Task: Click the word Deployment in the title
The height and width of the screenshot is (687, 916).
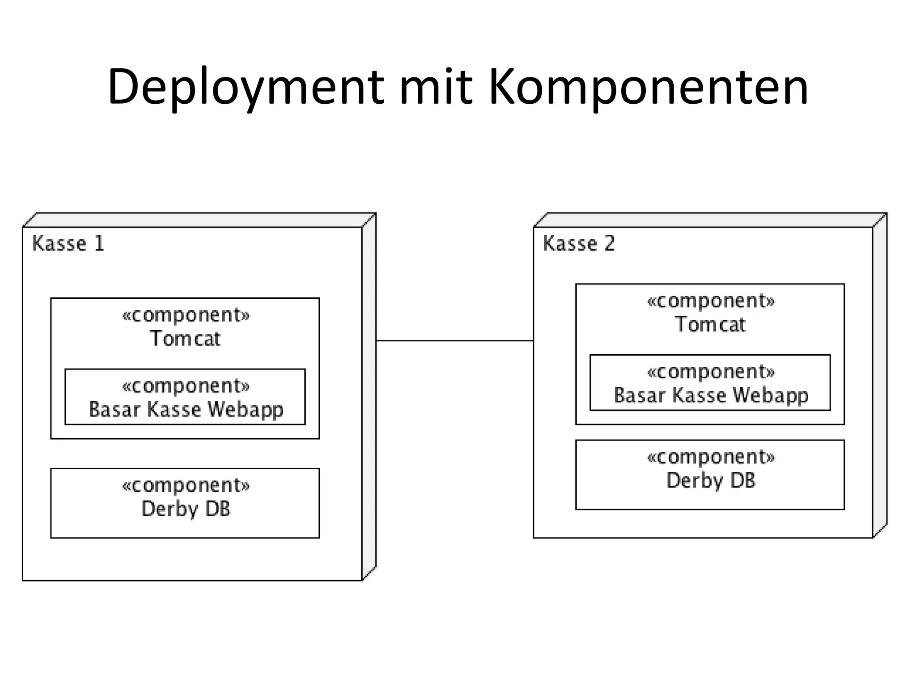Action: coord(245,87)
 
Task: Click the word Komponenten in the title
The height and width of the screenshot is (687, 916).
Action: coord(648,87)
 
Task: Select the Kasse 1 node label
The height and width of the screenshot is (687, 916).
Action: coord(68,244)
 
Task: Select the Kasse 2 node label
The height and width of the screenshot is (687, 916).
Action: coord(579,244)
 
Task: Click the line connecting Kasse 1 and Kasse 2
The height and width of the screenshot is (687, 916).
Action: coord(454,341)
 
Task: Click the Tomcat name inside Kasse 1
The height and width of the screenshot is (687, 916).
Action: coord(185,339)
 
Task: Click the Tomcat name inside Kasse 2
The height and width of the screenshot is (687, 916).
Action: coord(710,324)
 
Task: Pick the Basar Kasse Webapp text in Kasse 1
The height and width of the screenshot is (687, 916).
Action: coord(186,409)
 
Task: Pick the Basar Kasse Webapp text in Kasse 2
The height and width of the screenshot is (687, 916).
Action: coord(711,395)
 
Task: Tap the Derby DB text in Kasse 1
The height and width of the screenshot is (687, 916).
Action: coord(186,509)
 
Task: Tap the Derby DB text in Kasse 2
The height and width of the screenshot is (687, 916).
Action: coord(711,480)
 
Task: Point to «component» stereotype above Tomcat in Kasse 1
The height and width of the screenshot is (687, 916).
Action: coord(186,315)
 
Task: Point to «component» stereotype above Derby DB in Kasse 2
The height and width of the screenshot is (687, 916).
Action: coord(711,457)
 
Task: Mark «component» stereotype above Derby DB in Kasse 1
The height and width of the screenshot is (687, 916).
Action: coord(186,485)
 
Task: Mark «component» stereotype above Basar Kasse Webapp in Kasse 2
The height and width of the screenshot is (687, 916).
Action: coord(711,372)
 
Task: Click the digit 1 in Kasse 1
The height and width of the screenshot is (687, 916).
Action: coord(99,244)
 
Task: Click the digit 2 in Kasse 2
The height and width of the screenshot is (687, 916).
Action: coord(610,244)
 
